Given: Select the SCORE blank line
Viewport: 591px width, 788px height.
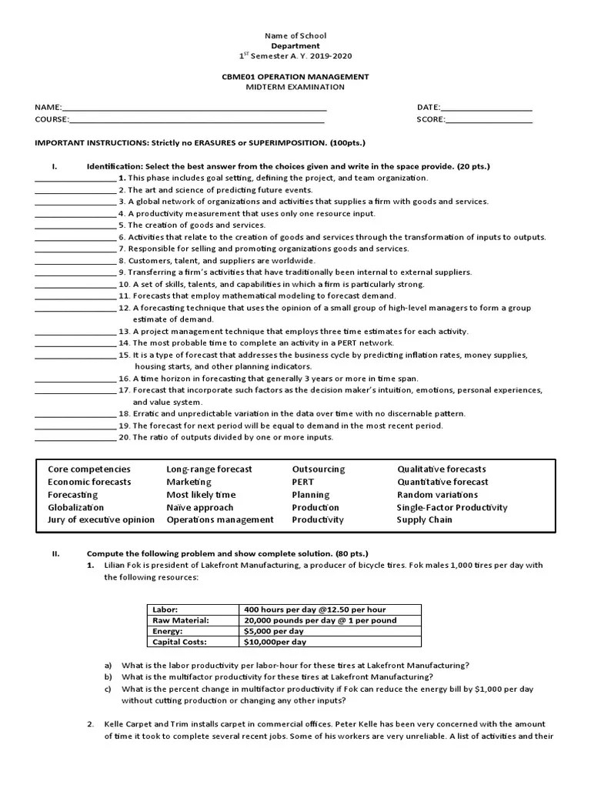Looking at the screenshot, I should pos(489,120).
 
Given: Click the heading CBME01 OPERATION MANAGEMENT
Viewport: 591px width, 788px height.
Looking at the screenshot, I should pos(295,77).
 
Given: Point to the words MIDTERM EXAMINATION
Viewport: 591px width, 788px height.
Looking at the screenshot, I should pos(295,87).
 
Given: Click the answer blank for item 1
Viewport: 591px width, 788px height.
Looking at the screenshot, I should pos(75,179).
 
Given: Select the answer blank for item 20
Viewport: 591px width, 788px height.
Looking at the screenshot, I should pos(75,439).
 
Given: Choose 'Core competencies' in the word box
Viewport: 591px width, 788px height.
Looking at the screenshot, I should pos(89,469).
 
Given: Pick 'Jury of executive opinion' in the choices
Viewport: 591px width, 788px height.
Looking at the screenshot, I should pos(101,520).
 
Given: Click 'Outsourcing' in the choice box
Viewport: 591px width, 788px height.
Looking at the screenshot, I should pos(319,469).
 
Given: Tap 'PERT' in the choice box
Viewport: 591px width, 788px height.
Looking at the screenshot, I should pos(303,482).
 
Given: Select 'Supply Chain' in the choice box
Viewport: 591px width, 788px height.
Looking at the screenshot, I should pos(425,520).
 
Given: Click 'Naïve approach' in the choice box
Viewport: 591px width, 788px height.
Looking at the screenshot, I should pos(200,508).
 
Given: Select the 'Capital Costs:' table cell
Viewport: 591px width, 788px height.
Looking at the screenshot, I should pos(180,642).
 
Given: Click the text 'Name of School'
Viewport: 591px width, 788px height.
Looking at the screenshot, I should pos(295,35).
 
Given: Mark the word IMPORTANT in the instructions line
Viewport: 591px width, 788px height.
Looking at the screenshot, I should pos(58,143).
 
